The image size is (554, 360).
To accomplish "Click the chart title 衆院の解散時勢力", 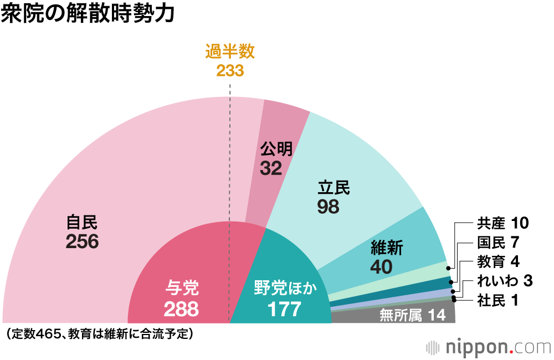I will (x=88, y=15).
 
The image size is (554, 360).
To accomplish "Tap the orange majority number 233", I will (x=230, y=70).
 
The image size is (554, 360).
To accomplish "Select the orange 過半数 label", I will (x=230, y=52).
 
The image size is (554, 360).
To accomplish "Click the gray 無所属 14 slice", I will (x=412, y=316).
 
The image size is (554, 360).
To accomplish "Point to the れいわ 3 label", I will (x=505, y=281).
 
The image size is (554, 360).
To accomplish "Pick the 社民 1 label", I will (x=497, y=301).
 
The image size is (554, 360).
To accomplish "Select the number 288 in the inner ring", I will (x=181, y=308).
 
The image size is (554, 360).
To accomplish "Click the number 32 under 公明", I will (x=271, y=168).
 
